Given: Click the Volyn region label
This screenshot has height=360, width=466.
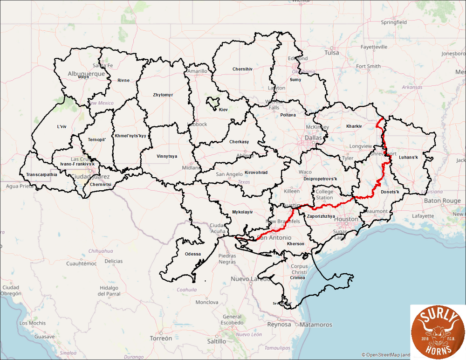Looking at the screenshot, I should click(x=83, y=77).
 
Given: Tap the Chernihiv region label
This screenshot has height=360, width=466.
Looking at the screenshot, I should click(x=242, y=69).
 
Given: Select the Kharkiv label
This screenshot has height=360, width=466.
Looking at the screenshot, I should click(x=355, y=126).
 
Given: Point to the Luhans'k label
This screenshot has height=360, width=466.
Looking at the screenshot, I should click(x=409, y=158).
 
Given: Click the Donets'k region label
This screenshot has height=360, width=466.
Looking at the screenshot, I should click(x=391, y=192).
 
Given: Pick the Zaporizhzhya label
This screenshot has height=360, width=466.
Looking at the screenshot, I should click(x=322, y=216).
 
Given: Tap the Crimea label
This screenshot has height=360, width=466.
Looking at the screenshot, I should click(x=297, y=277).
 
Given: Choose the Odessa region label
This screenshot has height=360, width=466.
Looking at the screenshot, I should click(x=192, y=254).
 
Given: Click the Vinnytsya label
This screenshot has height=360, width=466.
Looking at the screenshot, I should click(x=167, y=156).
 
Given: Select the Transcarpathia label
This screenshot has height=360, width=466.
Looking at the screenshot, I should click(x=42, y=174).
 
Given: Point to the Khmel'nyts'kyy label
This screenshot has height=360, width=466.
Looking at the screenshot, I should click(x=130, y=136).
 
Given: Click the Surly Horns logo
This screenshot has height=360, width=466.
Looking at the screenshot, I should click(x=437, y=331).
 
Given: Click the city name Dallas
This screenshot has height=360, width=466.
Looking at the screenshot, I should click(x=314, y=138).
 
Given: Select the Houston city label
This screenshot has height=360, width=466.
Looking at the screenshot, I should click(x=346, y=219).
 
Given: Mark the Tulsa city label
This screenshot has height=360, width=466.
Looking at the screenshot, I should click(x=332, y=53).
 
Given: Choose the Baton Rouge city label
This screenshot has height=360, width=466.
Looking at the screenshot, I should click(x=442, y=201).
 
